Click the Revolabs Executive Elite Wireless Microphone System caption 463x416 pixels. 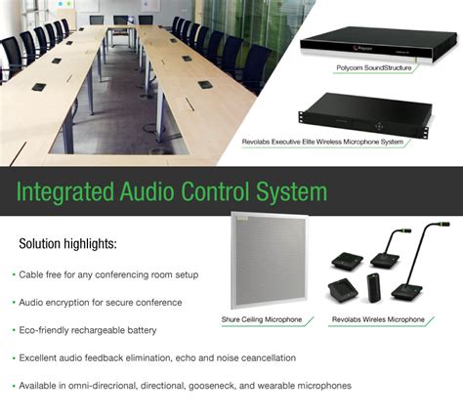click(x=322, y=142)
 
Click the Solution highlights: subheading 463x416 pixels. click(x=67, y=243)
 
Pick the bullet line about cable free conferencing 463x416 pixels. click(x=108, y=274)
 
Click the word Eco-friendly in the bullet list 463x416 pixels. click(x=45, y=330)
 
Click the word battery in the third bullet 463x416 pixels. click(x=145, y=330)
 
